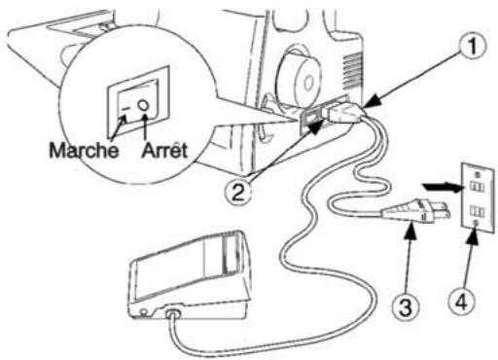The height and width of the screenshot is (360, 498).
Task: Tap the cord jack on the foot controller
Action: (175, 313)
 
